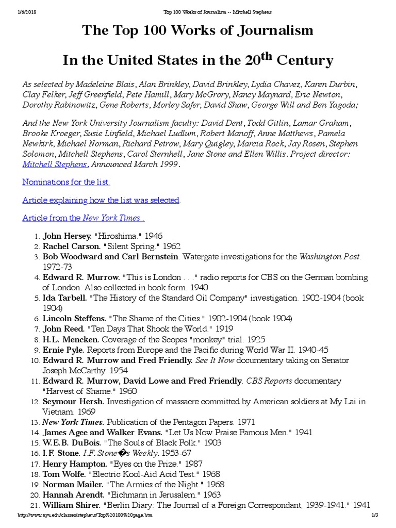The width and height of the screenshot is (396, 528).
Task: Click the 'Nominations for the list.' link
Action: click(66, 182)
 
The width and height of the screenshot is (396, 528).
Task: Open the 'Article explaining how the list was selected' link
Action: click(101, 200)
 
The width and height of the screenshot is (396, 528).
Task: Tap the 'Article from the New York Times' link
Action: click(83, 218)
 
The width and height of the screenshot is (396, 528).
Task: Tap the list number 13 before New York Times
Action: click(36, 422)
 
